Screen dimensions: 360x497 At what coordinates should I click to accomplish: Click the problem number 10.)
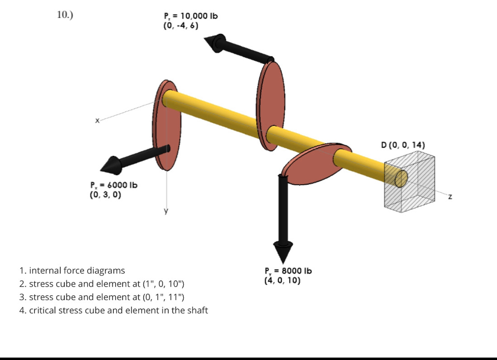click(65, 15)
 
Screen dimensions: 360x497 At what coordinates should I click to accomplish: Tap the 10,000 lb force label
click(190, 16)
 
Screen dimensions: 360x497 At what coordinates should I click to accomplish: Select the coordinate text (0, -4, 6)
click(180, 26)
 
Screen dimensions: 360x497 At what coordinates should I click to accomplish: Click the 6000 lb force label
click(113, 185)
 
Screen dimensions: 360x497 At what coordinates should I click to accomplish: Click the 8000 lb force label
click(288, 271)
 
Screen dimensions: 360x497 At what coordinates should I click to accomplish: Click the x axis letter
click(97, 121)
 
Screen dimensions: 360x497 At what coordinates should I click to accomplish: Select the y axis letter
click(166, 211)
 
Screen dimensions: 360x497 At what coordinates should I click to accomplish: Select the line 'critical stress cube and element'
click(114, 311)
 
